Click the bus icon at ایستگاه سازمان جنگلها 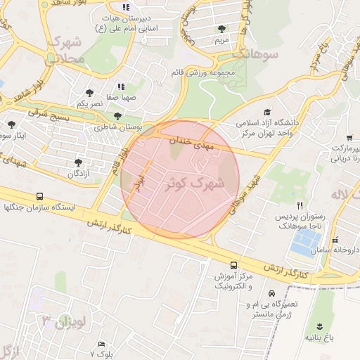click(x=39, y=196)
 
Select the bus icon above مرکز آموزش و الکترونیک click(x=233, y=265)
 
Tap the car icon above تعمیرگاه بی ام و click(x=271, y=293)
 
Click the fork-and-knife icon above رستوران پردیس click(x=299, y=205)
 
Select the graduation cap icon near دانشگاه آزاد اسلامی click(x=266, y=112)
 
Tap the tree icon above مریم click(x=222, y=29)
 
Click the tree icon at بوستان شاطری click(x=117, y=117)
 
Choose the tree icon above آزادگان click(x=78, y=162)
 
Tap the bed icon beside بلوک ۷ click(x=102, y=344)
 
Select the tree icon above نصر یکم click(x=89, y=92)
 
